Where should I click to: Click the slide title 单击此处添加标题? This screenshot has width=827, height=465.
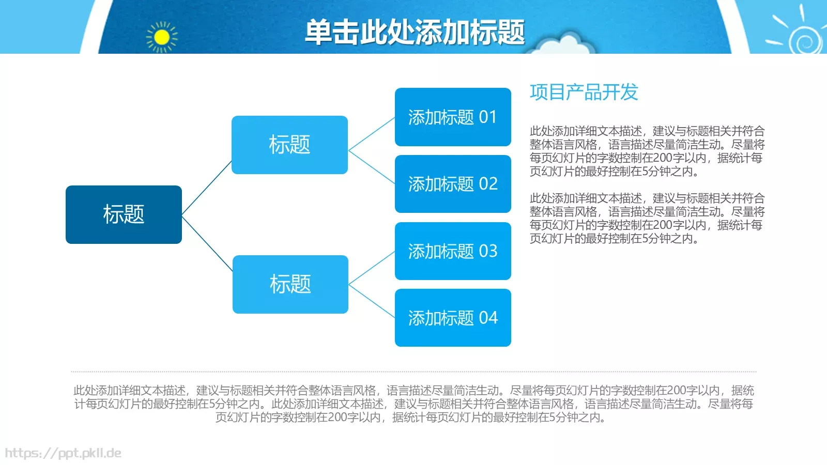[x=415, y=32]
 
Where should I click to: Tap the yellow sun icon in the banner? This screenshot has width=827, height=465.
[x=162, y=37]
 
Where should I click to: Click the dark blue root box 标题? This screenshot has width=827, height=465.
[x=124, y=214]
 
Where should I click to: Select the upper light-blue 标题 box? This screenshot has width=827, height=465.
[x=289, y=145]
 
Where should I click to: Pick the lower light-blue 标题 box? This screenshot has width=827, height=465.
[x=290, y=284]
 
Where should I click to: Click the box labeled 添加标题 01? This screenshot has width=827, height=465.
[x=453, y=117]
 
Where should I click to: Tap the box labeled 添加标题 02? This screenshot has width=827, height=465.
[x=453, y=184]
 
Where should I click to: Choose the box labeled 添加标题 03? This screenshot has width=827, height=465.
[x=453, y=251]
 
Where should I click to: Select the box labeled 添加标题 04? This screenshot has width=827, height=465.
[x=453, y=318]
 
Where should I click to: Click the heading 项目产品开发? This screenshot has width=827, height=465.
[x=584, y=92]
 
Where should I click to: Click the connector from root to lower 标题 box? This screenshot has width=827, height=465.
[x=207, y=243]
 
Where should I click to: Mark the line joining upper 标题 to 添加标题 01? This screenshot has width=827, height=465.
[x=372, y=134]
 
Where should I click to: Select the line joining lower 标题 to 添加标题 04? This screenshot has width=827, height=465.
[x=372, y=301]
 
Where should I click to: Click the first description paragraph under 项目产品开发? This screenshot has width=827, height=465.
[x=646, y=151]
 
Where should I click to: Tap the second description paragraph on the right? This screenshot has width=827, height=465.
[x=646, y=218]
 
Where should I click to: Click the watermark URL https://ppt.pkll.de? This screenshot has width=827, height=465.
[x=63, y=453]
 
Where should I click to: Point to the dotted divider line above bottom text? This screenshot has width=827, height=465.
[x=413, y=371]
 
